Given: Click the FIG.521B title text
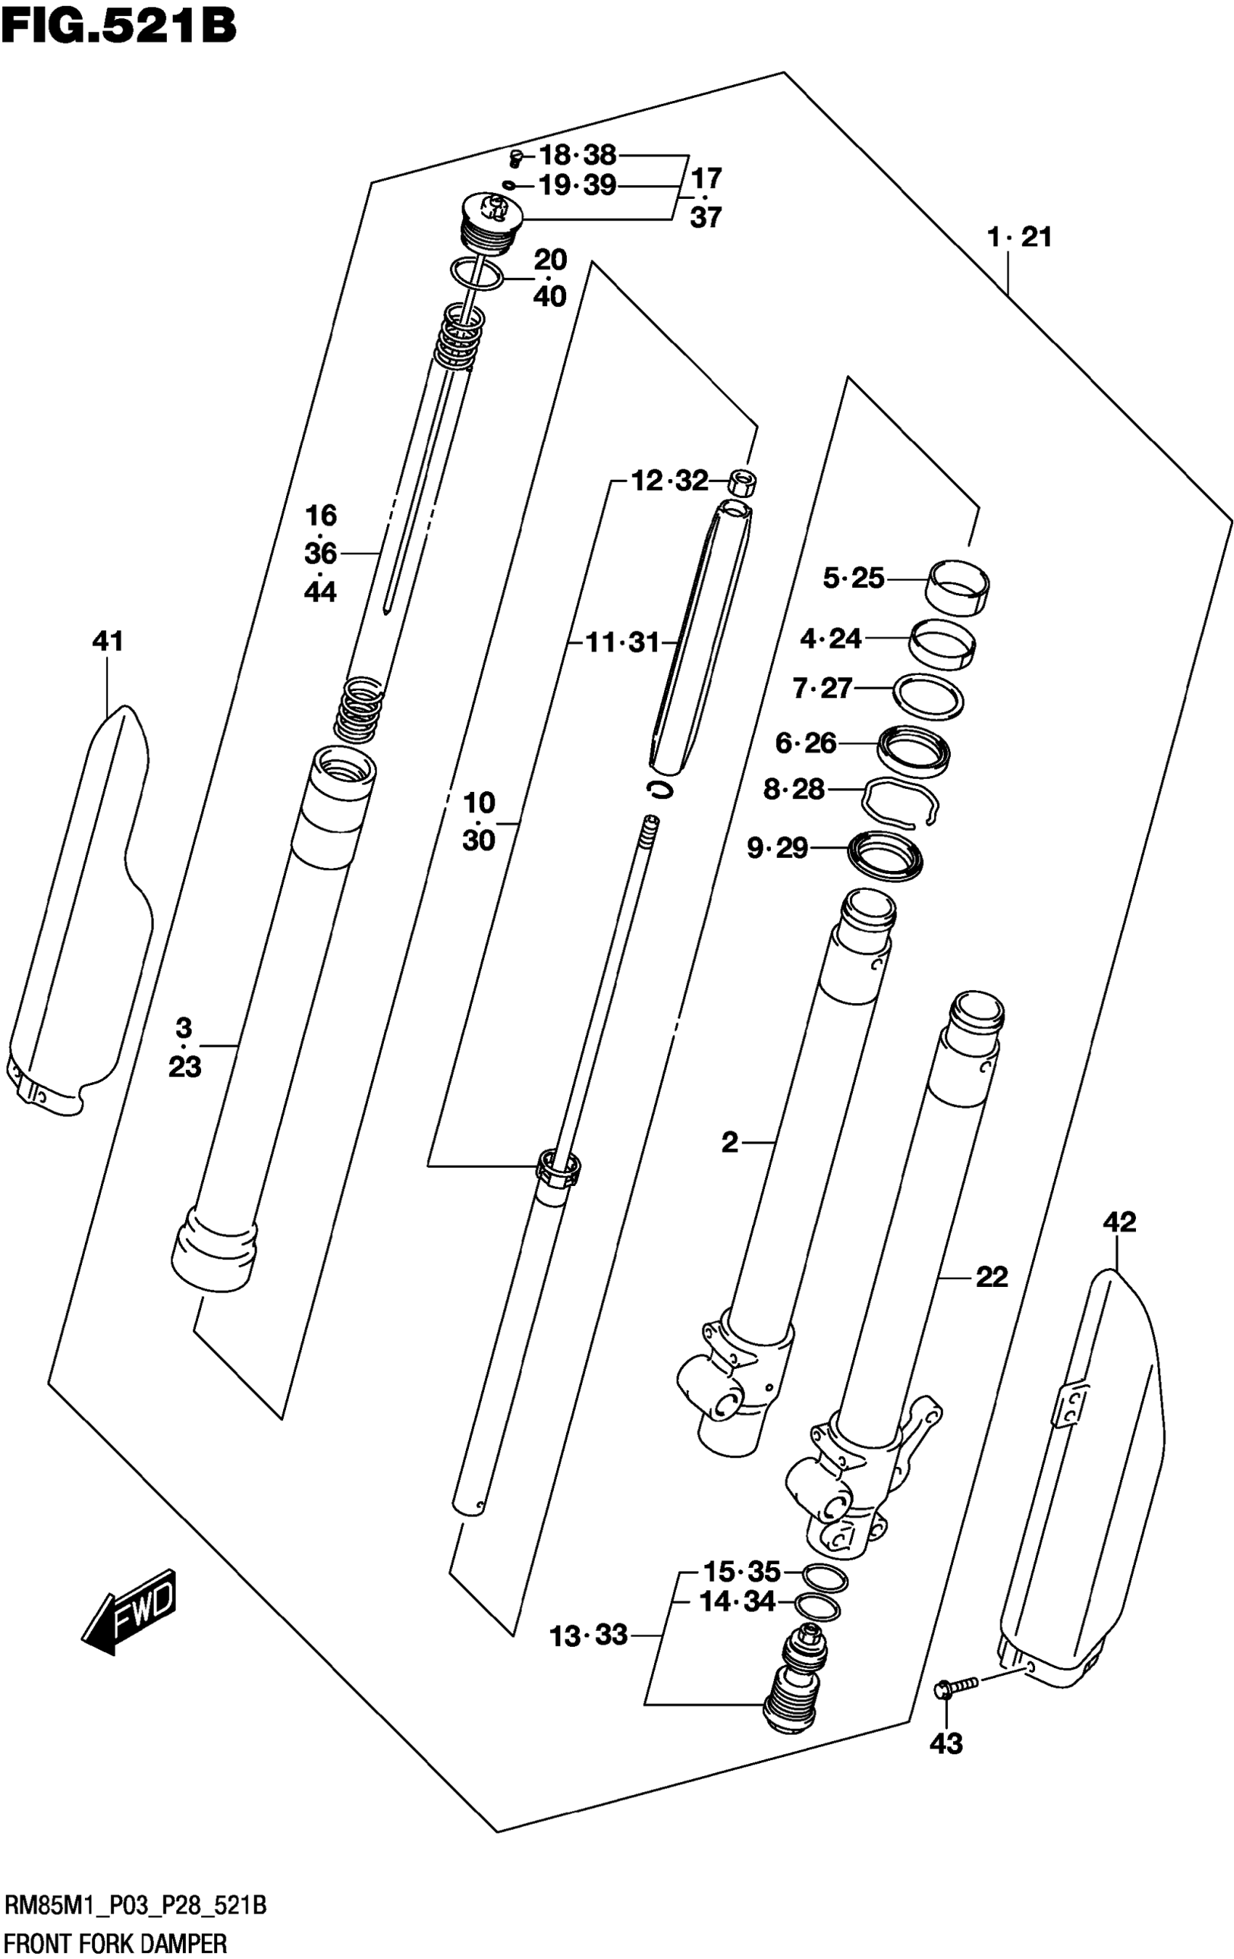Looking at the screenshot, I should tap(119, 26).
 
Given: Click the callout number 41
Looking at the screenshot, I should tap(107, 642).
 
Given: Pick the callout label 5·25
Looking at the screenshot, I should tap(854, 578).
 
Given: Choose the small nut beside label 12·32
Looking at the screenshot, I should tap(741, 482).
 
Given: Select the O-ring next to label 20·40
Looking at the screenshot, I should tap(477, 274).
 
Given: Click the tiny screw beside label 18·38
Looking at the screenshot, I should tap(515, 155).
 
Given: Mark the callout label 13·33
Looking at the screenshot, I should tap(588, 1635).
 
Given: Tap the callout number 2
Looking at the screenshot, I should tap(730, 1142).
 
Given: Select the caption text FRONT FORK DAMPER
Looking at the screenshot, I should tap(115, 1944).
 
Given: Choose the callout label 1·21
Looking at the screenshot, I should tap(1019, 237).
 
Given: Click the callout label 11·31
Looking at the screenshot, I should tap(623, 642).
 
